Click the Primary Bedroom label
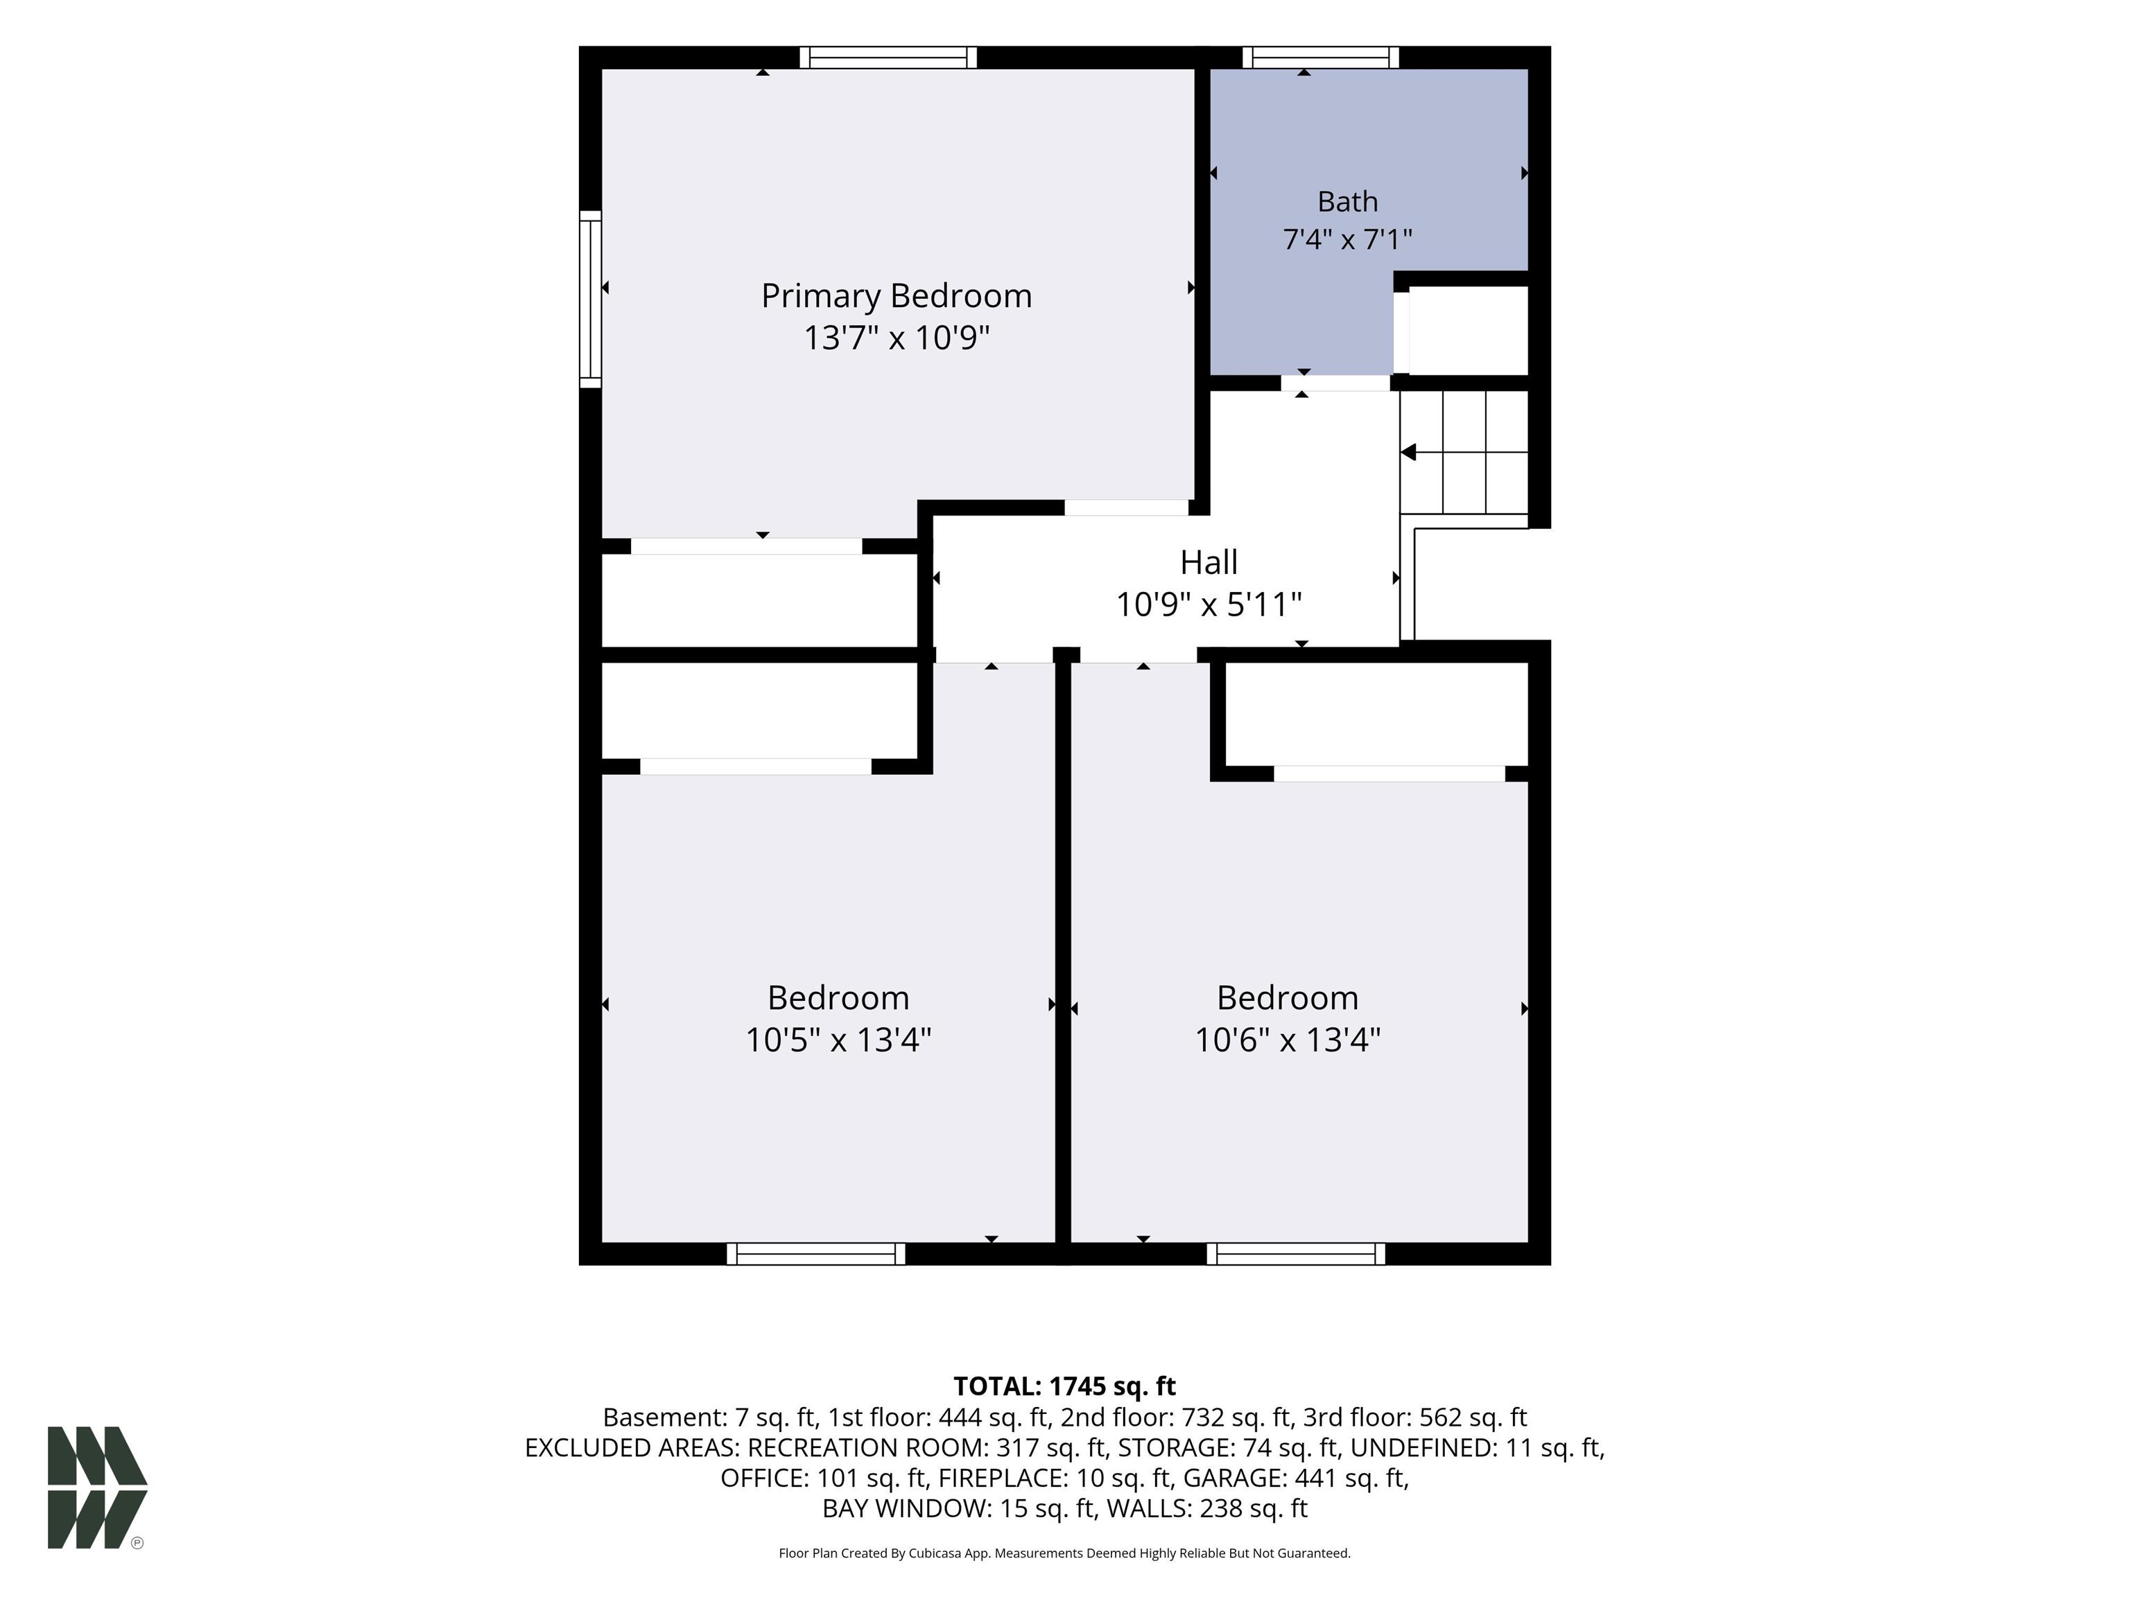point(897,295)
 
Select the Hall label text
point(1209,561)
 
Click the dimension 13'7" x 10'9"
point(897,338)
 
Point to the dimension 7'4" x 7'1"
point(1347,238)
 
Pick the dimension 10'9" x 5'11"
point(1209,604)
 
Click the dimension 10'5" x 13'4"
point(838,1040)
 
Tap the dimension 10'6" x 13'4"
point(1288,1040)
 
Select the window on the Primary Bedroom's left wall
point(590,299)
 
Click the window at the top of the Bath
point(1320,58)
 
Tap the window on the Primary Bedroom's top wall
point(887,58)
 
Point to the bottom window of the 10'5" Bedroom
point(815,1253)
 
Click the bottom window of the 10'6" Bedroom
point(1295,1253)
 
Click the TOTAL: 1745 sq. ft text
point(1064,1386)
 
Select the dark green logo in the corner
point(97,1487)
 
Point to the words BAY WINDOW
point(906,1508)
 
